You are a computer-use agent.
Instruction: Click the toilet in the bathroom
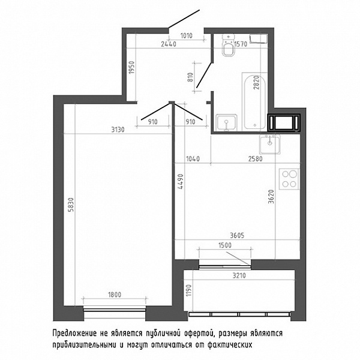[228, 46]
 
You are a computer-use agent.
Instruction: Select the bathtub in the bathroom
[254, 101]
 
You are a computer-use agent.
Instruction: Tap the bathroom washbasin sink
[226, 122]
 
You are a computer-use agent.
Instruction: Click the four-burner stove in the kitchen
[289, 179]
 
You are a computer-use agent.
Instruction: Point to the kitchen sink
[270, 144]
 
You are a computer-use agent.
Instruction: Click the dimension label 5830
[71, 205]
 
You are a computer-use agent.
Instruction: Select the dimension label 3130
[118, 130]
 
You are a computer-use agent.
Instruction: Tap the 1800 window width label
[115, 295]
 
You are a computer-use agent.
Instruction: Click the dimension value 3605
[237, 235]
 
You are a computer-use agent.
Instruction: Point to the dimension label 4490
[181, 181]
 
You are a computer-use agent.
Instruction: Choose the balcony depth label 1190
[188, 290]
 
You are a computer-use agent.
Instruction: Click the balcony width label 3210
[239, 275]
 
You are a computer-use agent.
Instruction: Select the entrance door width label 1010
[186, 36]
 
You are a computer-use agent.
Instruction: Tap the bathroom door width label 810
[190, 77]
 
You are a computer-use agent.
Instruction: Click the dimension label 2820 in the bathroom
[256, 82]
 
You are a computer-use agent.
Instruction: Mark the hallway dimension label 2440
[168, 44]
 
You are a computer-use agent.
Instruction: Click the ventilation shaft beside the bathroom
[284, 122]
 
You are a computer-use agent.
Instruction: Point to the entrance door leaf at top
[184, 19]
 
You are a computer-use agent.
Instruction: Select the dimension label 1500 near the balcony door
[225, 245]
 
